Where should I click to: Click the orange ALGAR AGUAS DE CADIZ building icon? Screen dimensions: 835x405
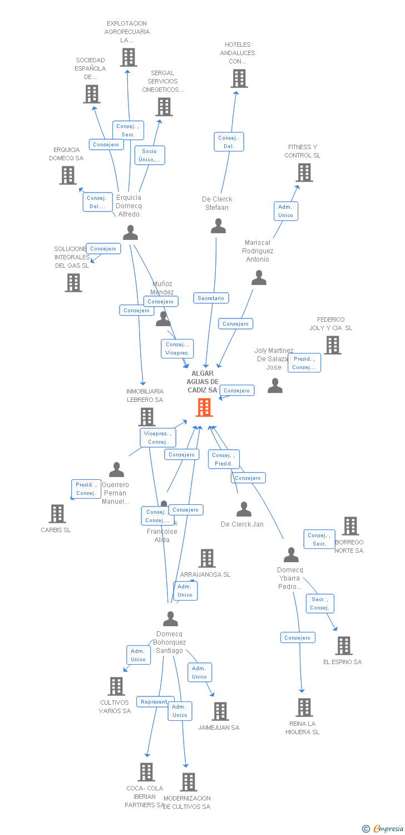click(204, 407)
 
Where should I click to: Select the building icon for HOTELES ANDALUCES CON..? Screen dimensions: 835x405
click(239, 78)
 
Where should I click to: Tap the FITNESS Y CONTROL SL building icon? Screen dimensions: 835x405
click(304, 173)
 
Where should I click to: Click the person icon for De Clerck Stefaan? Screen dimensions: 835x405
click(219, 226)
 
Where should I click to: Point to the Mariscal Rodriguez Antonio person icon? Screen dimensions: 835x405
click(259, 277)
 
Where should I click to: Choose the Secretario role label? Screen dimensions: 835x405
click(211, 298)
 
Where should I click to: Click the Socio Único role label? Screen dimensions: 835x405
click(150, 155)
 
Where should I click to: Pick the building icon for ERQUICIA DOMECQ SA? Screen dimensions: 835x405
click(68, 175)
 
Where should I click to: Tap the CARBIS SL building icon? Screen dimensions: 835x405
click(57, 513)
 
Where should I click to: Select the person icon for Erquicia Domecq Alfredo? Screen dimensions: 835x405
click(130, 232)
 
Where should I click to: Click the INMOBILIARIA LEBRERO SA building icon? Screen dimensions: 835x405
click(146, 416)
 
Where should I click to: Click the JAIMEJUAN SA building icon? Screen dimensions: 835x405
click(220, 711)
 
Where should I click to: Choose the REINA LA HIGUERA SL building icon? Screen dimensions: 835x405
click(304, 707)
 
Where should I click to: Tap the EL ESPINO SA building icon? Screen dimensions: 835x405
click(344, 646)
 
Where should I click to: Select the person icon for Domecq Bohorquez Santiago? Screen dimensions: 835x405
click(170, 618)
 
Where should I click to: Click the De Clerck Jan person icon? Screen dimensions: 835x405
click(244, 509)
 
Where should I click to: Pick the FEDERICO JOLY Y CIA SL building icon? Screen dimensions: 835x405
click(333, 345)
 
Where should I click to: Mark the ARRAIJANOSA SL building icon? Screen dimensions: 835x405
click(207, 558)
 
